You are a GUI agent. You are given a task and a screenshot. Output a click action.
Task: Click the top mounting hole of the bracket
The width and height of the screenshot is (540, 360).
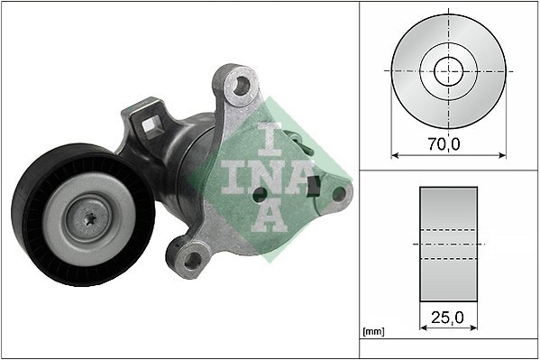point(239,87)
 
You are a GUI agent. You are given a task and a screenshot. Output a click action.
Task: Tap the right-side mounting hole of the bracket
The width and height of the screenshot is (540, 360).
point(339,192)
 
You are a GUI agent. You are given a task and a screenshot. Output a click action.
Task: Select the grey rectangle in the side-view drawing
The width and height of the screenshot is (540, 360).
point(448,245)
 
